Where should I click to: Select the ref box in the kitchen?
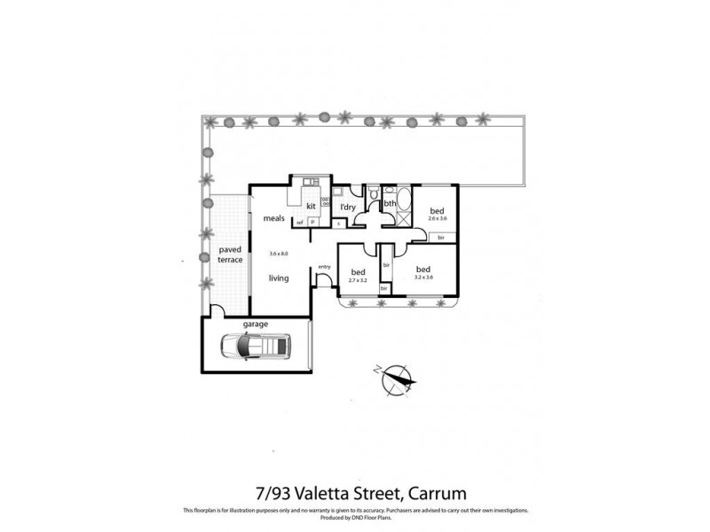coord(300,222)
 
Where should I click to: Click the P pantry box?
coord(312,222)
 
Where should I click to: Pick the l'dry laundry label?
coord(349,207)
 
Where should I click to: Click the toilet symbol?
coord(375,194)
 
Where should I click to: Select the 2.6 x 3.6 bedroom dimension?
coord(436,217)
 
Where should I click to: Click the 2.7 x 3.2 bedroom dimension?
coord(359,279)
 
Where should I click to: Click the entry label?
coord(324,266)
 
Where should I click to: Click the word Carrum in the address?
coord(436,490)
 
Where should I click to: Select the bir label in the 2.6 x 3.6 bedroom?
coord(441,238)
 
